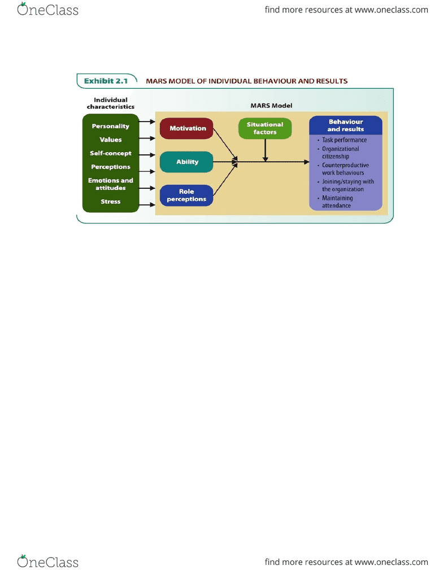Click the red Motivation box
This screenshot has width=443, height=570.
point(186,128)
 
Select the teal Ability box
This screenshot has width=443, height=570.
point(186,162)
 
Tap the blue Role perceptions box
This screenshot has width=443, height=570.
point(186,195)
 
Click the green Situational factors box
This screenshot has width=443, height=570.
point(265,128)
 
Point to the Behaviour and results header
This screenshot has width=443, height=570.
point(346,126)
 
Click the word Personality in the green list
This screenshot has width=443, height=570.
point(110,126)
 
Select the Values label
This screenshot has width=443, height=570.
point(111,140)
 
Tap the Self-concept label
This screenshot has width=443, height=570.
point(111,153)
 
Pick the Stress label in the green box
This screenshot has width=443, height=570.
point(111,201)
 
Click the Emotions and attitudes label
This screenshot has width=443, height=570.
point(111,184)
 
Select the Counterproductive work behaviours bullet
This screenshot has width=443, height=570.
point(343,169)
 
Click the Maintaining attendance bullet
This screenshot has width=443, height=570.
point(335,202)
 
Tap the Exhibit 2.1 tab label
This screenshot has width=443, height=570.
point(106,81)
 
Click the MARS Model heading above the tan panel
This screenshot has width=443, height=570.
point(271,105)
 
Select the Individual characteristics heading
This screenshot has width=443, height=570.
point(111,103)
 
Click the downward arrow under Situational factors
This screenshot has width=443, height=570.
point(266,150)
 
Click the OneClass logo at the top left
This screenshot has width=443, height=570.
point(47,9)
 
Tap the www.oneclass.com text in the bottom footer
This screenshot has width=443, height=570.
point(392,562)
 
